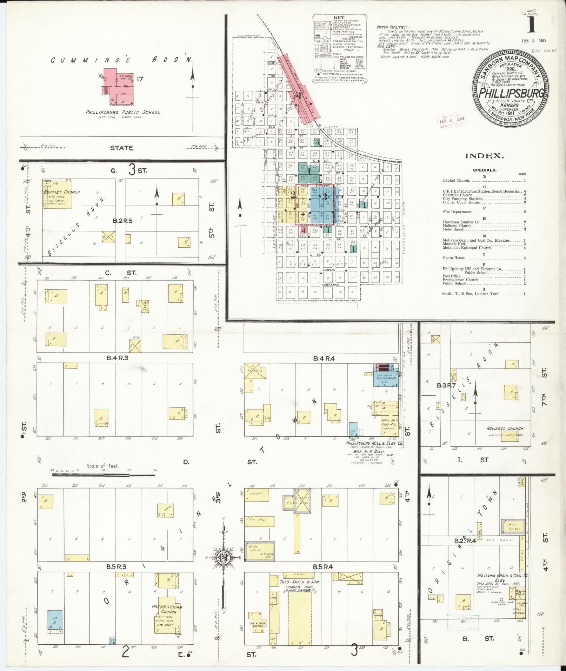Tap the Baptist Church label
point(61,192)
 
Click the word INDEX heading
point(485,156)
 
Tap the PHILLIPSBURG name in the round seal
point(512,93)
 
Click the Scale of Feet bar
point(104,475)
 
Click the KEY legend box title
point(339,17)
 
